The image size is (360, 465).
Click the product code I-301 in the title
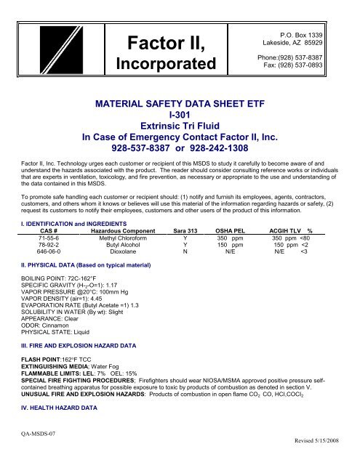tap(179, 114)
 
